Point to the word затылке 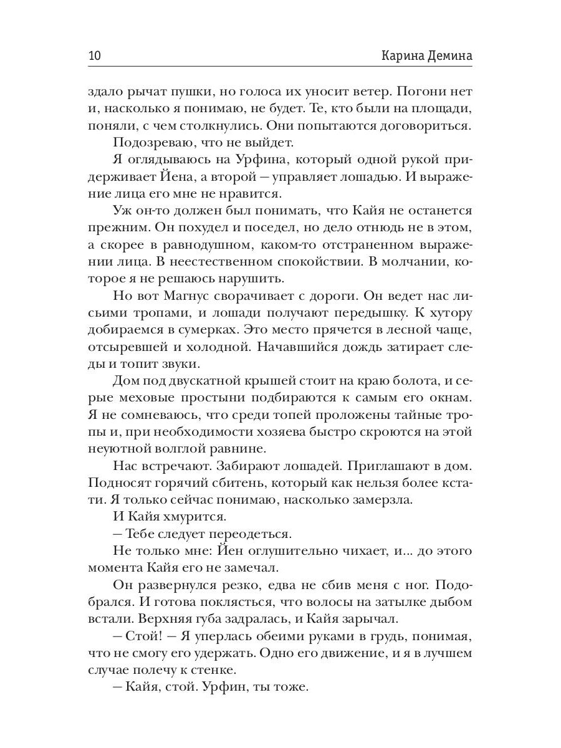(381, 604)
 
